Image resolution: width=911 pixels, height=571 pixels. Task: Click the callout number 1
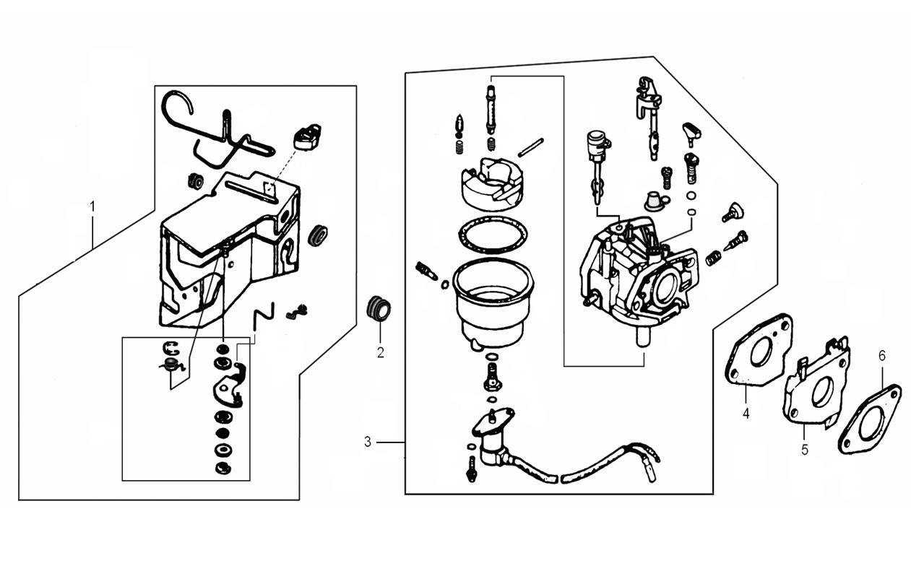[x=92, y=206]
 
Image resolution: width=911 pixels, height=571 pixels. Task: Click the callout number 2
[x=380, y=353]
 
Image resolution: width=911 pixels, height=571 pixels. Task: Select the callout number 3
[x=368, y=441]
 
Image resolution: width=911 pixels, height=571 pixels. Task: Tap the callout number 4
[x=746, y=414]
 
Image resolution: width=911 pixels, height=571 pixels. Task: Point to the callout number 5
[x=805, y=450]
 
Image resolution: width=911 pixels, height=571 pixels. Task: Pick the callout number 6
[x=881, y=355]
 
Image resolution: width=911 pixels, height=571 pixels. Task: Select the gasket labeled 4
[x=759, y=350]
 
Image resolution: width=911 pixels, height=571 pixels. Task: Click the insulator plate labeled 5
[x=816, y=390]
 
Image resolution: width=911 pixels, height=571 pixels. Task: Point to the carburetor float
[x=491, y=183]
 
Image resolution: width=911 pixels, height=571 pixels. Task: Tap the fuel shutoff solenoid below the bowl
[x=491, y=437]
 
